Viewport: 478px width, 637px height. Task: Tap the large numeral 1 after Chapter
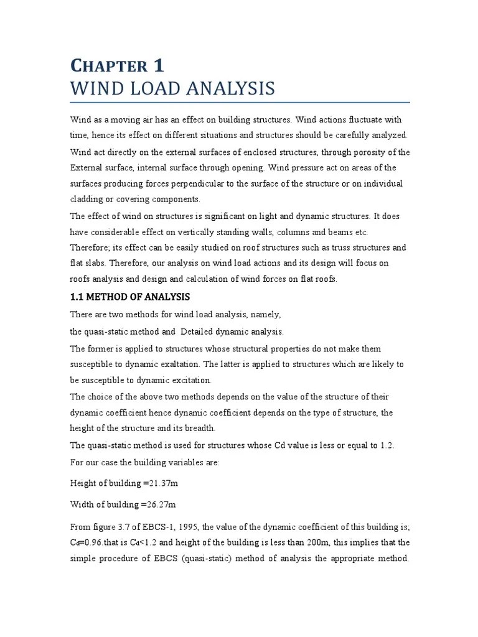pos(158,65)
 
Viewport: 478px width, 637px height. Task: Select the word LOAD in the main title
pos(156,88)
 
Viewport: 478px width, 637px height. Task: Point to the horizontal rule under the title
pos(240,102)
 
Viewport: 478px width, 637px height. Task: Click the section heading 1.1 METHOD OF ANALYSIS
pos(129,297)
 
